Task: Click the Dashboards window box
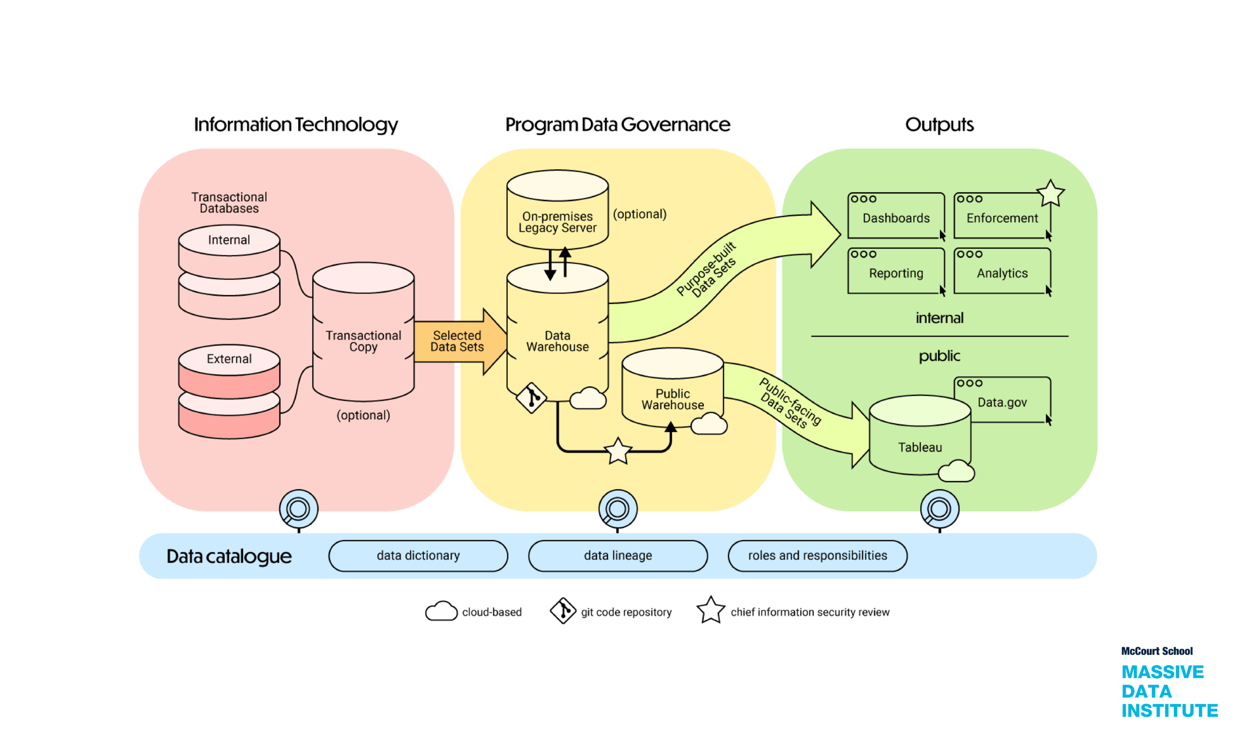tap(896, 216)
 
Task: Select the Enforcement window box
tap(1002, 216)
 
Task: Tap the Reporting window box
tap(896, 271)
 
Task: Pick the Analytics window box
tap(1002, 271)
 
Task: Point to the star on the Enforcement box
tap(1050, 194)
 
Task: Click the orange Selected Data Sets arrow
tap(458, 341)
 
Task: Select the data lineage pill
tap(618, 555)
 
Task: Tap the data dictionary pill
tap(418, 555)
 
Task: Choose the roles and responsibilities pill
tap(817, 555)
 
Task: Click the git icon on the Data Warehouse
tap(532, 397)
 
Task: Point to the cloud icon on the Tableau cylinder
tap(955, 471)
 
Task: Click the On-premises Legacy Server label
tap(557, 222)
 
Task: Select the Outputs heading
tap(939, 124)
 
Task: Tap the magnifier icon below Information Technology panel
tap(299, 509)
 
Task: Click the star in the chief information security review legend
tap(710, 610)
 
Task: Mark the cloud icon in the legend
tap(441, 611)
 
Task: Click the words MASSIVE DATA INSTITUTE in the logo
tap(1169, 691)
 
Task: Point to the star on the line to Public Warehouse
tap(618, 451)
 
